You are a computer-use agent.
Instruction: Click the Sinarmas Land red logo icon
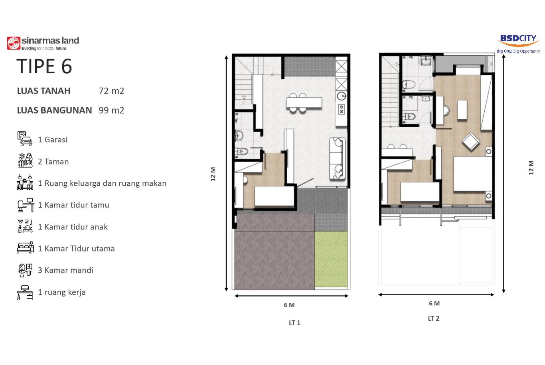[14, 43]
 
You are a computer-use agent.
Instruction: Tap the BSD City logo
[518, 44]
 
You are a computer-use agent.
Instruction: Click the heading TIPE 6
[44, 66]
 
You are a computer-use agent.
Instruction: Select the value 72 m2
[111, 91]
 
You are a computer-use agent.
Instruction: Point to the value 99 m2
[111, 110]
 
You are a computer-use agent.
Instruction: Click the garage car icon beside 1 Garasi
[25, 139]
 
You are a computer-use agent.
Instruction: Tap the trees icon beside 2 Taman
[25, 161]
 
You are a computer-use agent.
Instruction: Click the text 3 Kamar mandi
[66, 270]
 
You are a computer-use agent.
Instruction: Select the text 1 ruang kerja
[62, 292]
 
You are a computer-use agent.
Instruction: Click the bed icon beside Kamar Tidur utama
[25, 247]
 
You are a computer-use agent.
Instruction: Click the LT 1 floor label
[294, 323]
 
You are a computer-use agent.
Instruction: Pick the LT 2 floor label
[434, 319]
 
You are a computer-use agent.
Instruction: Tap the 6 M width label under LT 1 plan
[289, 305]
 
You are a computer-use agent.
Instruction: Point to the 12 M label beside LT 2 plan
[531, 168]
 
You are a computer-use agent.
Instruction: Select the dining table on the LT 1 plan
[304, 102]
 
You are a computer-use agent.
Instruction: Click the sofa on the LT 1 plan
[338, 159]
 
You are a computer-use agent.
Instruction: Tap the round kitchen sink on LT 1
[342, 96]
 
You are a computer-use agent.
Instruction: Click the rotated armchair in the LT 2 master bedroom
[471, 141]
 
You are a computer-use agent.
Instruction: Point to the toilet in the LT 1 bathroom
[242, 152]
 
